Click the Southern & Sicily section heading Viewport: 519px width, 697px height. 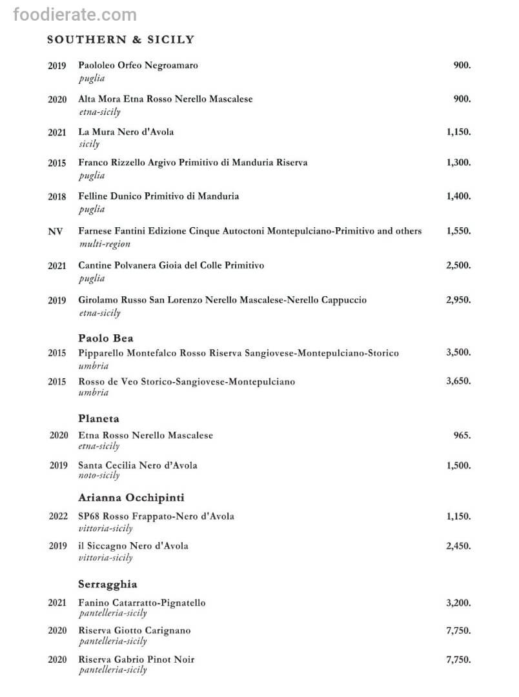click(121, 39)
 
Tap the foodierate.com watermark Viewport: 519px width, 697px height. click(75, 14)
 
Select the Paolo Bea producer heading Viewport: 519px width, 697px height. click(106, 338)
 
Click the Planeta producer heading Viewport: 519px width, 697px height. click(99, 419)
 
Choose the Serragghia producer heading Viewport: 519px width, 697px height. click(108, 584)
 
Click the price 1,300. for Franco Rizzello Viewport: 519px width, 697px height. click(458, 163)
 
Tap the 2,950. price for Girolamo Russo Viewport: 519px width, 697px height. click(458, 300)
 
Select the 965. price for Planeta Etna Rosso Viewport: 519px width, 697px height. click(462, 436)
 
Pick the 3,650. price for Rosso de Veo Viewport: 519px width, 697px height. click(458, 381)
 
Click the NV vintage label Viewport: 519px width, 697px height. click(56, 231)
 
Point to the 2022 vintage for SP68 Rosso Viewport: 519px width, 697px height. click(58, 516)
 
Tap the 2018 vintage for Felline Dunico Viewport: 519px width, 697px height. click(57, 197)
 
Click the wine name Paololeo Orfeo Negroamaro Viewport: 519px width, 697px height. click(138, 65)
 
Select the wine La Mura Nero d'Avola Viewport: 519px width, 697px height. click(126, 132)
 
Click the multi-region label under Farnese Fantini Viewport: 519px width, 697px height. click(104, 244)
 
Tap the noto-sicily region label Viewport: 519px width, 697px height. click(99, 476)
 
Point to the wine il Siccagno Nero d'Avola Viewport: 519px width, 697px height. click(134, 546)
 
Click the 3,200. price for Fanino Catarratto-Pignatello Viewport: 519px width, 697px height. click(458, 603)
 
